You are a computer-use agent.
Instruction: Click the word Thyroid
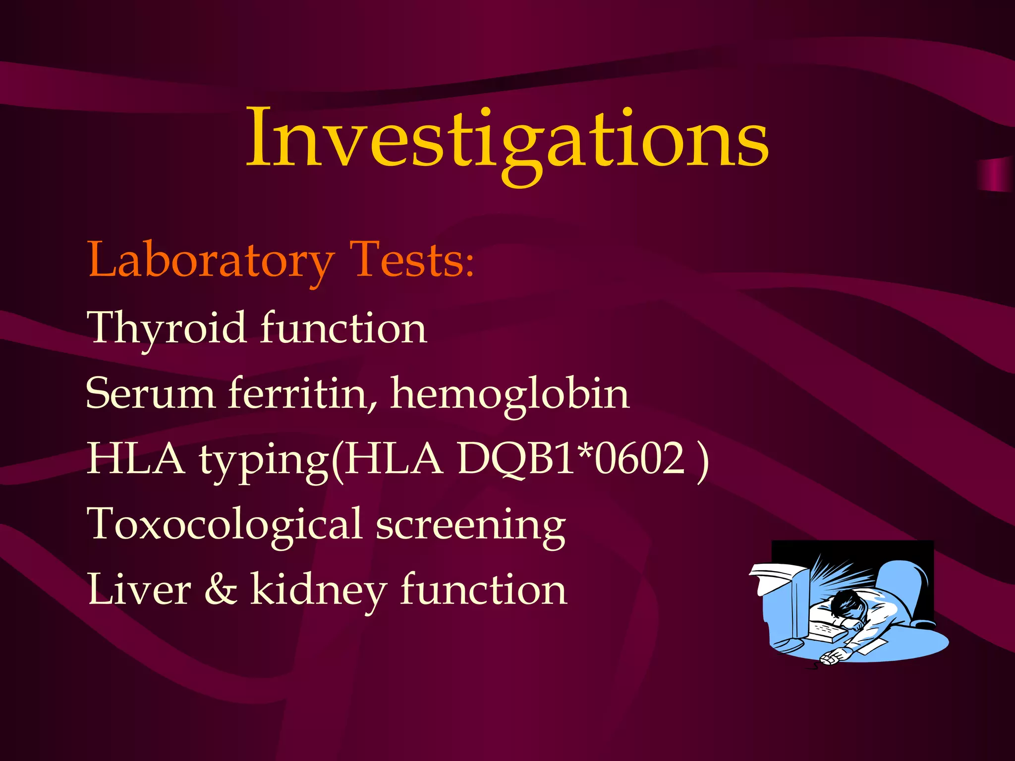tap(166, 328)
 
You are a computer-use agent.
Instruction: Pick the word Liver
tap(139, 590)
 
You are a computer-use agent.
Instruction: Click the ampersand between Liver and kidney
tap(221, 590)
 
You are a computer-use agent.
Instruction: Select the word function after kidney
tap(483, 590)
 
